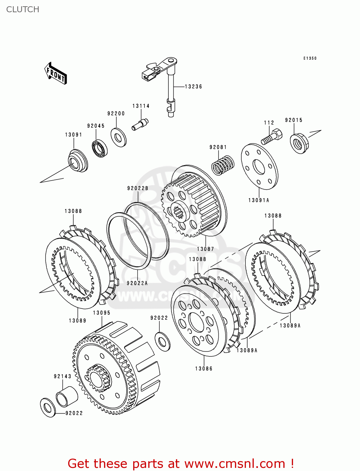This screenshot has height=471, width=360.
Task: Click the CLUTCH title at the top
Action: tap(23, 9)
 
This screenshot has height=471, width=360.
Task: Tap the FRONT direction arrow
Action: tap(56, 73)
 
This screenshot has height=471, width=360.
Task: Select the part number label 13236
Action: tap(193, 87)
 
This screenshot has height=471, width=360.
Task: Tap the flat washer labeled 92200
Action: tap(118, 137)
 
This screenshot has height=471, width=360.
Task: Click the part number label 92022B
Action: tap(138, 188)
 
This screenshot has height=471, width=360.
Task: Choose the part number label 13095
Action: tap(102, 313)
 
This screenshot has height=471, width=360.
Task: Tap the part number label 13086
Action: tap(204, 369)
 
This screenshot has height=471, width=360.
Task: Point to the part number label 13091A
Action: tap(259, 200)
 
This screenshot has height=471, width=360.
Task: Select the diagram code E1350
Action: tap(310, 58)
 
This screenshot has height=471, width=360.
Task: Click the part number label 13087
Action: tap(205, 249)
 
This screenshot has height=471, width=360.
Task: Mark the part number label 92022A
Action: tap(137, 283)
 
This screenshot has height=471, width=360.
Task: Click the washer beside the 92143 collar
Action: tap(48, 408)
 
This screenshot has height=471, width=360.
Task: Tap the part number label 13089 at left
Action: tap(78, 321)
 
